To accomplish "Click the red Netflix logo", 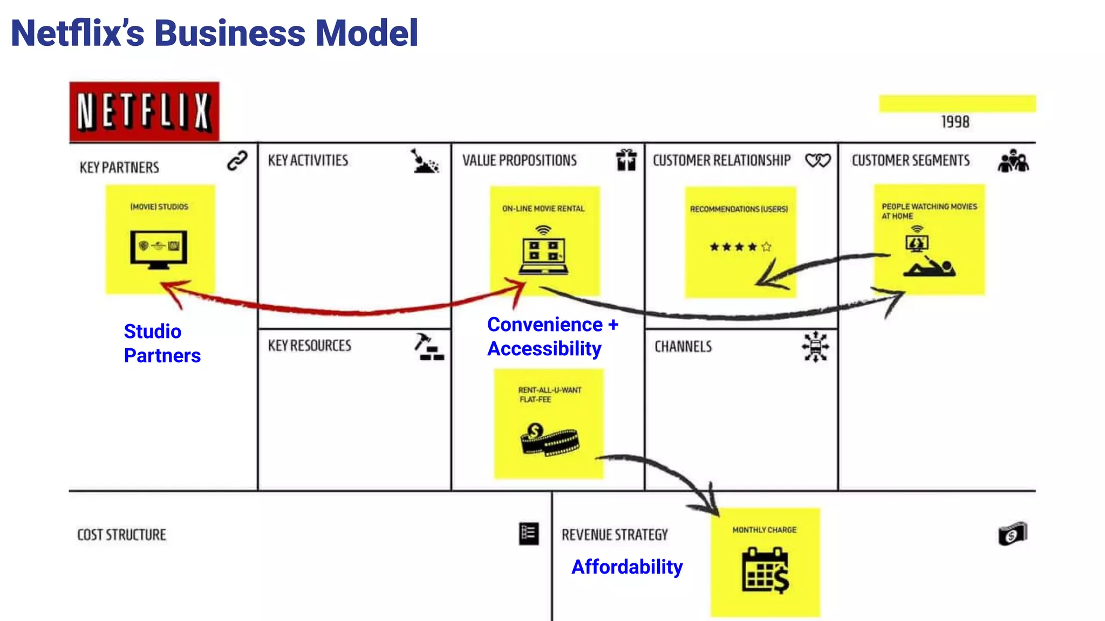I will point(144,111).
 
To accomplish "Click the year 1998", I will point(955,122).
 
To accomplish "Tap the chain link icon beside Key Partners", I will point(237,161).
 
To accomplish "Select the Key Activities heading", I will point(308,161).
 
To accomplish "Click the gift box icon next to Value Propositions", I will point(626,160).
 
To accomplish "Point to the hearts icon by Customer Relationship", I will point(817,161).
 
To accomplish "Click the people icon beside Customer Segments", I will point(1013,161).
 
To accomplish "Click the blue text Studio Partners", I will point(162,343).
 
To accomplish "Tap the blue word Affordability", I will point(627,567).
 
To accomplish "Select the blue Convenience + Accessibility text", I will point(552,336).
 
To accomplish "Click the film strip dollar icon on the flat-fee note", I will point(549,439).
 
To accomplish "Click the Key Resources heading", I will point(310,346).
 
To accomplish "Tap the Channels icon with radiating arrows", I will point(815,347).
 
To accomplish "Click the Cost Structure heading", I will point(122,535).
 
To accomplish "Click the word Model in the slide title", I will point(366,33).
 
